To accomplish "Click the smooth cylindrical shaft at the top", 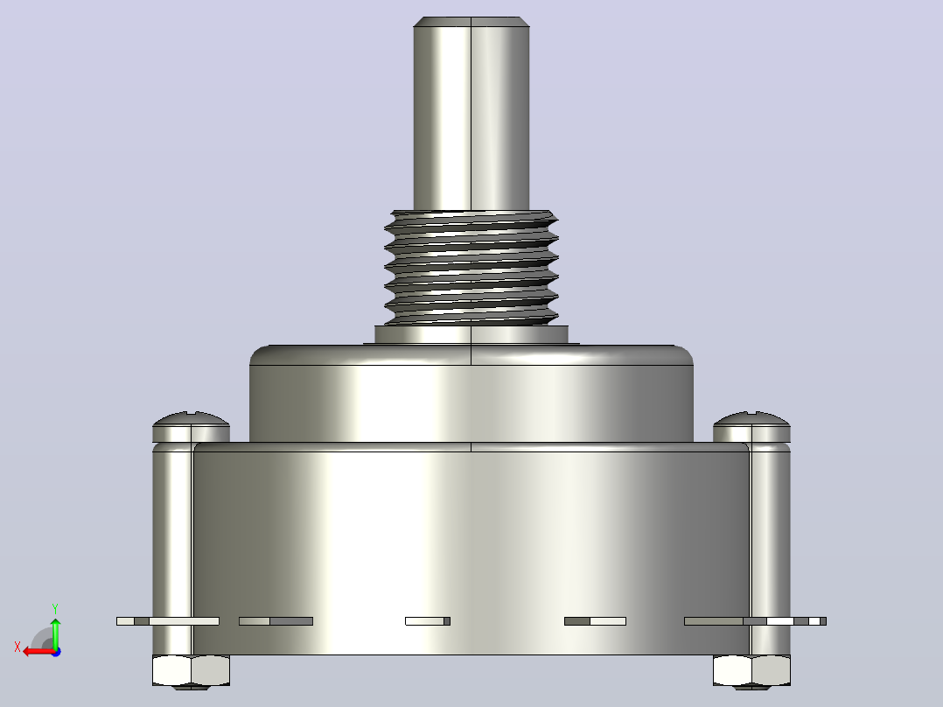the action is (471, 115).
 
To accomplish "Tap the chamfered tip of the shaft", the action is (471, 22).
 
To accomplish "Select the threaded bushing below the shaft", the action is (471, 268).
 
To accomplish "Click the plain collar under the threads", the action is (471, 334).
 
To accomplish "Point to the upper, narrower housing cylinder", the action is (471, 394).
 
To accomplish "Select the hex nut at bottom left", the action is (192, 671).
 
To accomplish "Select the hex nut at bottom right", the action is (751, 671).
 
